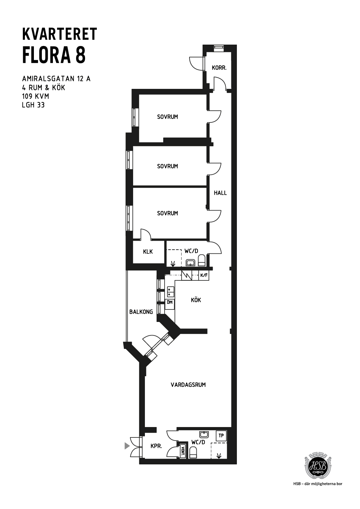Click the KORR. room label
click(219, 68)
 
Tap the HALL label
click(220, 193)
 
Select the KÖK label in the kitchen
click(196, 300)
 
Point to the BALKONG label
click(141, 312)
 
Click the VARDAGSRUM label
click(188, 385)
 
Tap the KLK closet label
click(148, 251)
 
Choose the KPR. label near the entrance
click(156, 446)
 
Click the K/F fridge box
click(204, 275)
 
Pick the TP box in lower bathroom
click(221, 436)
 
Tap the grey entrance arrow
click(127, 446)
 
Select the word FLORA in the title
click(46, 55)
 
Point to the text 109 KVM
click(36, 96)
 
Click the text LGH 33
click(33, 105)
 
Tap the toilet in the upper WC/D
click(202, 260)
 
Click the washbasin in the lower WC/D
click(204, 435)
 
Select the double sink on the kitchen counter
click(171, 292)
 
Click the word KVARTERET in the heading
click(59, 34)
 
